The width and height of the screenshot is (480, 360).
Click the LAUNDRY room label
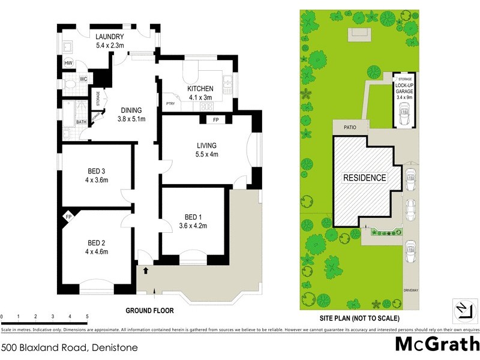tap(109, 37)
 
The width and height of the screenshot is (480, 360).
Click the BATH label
tap(81, 122)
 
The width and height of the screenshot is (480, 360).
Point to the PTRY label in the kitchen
tap(170, 104)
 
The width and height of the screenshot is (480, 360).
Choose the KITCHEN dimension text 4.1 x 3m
tap(200, 98)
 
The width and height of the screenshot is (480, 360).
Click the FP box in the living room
tap(216, 120)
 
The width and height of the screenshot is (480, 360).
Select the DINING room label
tap(131, 110)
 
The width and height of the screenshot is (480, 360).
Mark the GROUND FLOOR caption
tap(149, 311)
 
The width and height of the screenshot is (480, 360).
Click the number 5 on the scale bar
tap(87, 316)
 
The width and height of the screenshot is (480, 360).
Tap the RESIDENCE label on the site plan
tap(364, 178)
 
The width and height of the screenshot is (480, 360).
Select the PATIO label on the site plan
tap(350, 127)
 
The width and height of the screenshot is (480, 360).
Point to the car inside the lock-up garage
tap(404, 112)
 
